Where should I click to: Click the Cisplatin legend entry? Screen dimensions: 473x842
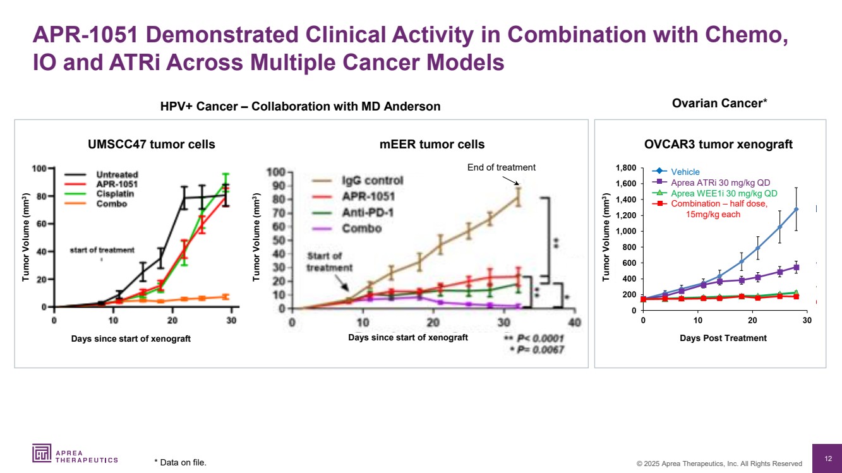coord(114,194)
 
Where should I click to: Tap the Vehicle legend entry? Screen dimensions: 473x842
coord(685,172)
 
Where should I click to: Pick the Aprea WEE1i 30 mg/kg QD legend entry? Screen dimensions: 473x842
coord(724,193)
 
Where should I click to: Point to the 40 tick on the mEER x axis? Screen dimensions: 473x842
coord(574,323)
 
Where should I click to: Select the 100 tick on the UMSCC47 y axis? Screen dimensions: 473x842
coord(40,169)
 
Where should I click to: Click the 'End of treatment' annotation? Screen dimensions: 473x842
coord(501,167)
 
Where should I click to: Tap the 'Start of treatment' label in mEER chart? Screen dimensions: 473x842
coord(325,261)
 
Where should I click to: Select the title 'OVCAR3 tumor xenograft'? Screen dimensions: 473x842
coord(718,145)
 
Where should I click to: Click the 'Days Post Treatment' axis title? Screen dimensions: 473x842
coord(723,338)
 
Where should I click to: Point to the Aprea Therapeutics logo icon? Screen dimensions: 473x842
coord(42,453)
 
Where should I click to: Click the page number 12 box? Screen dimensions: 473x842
coord(828,458)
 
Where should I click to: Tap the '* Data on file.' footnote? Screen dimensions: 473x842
coord(180,463)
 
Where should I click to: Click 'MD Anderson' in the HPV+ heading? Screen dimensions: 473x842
coord(406,107)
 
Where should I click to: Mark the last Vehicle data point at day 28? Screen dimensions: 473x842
coord(796,209)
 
